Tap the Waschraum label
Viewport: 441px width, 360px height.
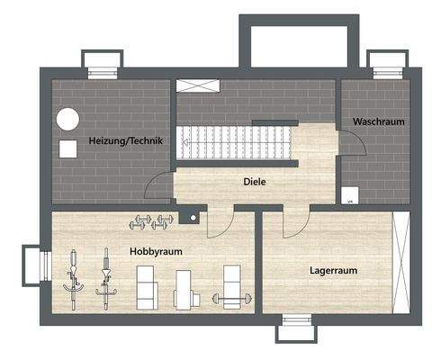click(378, 121)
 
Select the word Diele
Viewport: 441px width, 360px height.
click(255, 181)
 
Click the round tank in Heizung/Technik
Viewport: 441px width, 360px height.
click(67, 119)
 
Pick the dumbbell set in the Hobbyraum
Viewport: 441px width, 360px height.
click(150, 219)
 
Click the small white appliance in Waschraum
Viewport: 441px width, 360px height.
click(348, 194)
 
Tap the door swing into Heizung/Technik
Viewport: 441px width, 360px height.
click(158, 185)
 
